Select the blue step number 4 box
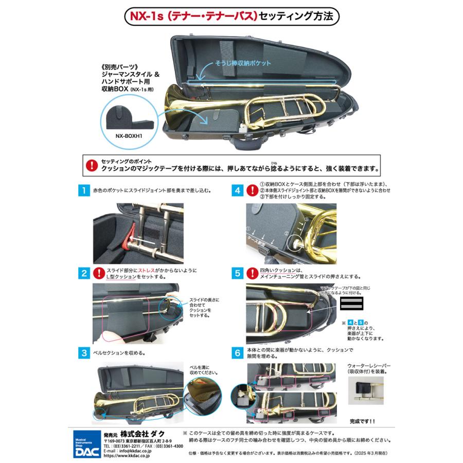coord(238,191)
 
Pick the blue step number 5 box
coord(238,273)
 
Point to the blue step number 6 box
coord(238,353)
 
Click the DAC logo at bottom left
coord(84,438)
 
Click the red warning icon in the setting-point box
coord(92,165)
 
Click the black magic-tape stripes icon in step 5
coord(352,304)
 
